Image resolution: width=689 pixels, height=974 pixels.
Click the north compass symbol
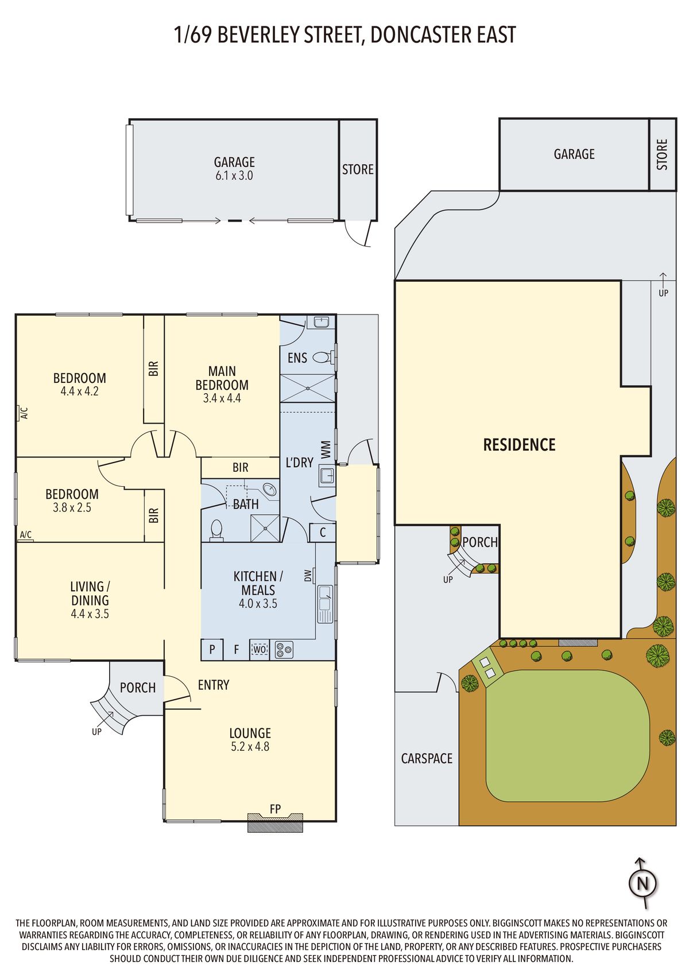point(642,883)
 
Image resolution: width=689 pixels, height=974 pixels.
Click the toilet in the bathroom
point(216,530)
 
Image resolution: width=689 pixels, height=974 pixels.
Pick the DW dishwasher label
point(308,576)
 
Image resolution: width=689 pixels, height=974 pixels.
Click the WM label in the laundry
point(326,449)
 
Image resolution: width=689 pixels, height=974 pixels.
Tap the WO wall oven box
point(260,650)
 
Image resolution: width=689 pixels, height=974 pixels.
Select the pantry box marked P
point(212,650)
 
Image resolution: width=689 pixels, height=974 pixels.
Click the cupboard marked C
point(322,532)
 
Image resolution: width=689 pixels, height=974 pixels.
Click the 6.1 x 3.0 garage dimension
point(234,176)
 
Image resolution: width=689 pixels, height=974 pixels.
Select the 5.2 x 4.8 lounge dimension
point(250,747)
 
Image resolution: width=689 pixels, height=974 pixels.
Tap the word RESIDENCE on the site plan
point(520,444)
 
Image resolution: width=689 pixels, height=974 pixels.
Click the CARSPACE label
point(427,758)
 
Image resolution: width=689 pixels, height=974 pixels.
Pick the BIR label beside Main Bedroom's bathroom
point(240,467)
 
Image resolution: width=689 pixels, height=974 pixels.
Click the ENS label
point(297,358)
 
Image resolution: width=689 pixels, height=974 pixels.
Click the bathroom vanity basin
point(270,488)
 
